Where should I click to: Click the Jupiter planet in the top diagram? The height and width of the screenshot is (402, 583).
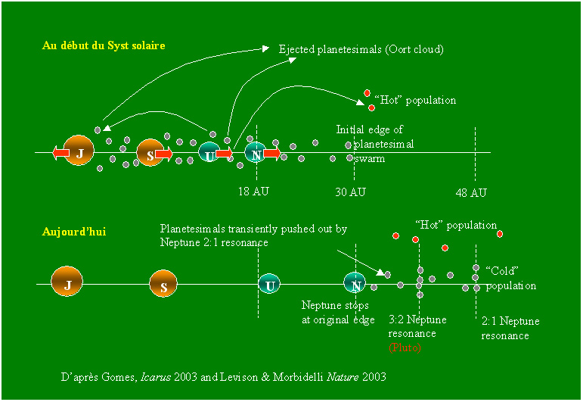click(x=79, y=152)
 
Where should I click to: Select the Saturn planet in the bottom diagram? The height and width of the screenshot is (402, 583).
click(x=163, y=284)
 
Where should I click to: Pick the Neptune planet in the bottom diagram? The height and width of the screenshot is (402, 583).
click(x=355, y=283)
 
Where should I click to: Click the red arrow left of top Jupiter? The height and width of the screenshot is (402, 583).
click(x=60, y=153)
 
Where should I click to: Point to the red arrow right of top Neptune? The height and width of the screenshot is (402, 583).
click(x=272, y=154)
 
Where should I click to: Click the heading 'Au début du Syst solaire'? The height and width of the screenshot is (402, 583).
click(x=103, y=46)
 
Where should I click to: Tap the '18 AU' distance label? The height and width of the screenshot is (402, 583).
click(x=253, y=192)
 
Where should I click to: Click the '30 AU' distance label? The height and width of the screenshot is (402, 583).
click(x=350, y=192)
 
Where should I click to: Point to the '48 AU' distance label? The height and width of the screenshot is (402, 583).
click(x=470, y=192)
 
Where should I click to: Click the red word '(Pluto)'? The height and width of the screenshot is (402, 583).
click(x=405, y=347)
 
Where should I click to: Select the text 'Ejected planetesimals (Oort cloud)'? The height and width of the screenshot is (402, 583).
click(x=361, y=49)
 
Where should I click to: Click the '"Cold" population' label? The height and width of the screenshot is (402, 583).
click(x=510, y=278)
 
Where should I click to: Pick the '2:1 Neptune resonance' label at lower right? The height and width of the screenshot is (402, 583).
click(x=510, y=328)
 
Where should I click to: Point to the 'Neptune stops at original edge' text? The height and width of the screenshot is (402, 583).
click(x=338, y=312)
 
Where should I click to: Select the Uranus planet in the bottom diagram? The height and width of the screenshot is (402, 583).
click(x=268, y=285)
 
